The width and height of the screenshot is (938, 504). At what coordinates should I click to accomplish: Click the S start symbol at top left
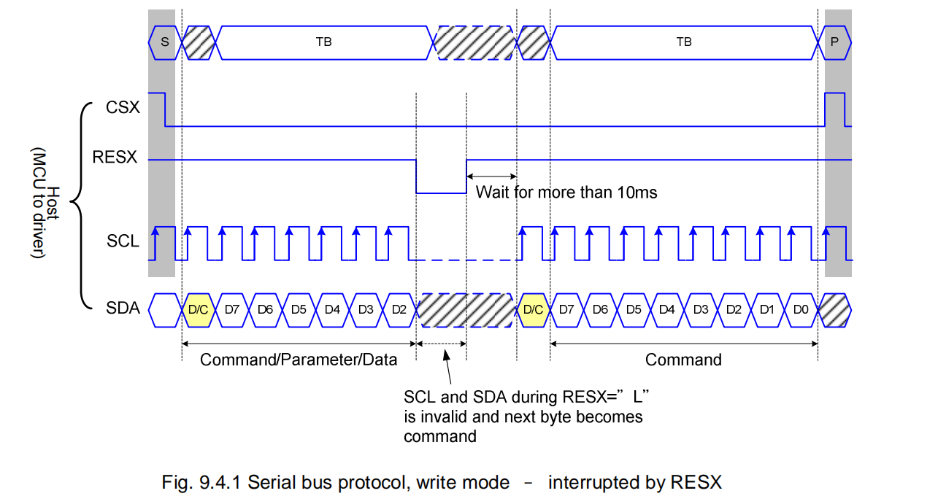coord(164,42)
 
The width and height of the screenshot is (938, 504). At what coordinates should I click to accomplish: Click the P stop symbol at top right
coord(834,42)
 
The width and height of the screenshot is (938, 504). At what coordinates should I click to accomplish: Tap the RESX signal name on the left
coord(115,157)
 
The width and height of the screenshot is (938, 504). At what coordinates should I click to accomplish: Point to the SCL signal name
coord(123,241)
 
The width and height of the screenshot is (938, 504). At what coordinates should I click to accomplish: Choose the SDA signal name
coord(123,309)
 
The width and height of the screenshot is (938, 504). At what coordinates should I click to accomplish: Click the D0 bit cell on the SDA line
coord(801,309)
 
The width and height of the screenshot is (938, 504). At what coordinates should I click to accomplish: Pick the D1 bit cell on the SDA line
coord(767,309)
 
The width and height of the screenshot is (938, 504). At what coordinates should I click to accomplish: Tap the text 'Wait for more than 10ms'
coord(566,193)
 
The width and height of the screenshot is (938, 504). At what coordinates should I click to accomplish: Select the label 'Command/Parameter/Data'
coord(299,360)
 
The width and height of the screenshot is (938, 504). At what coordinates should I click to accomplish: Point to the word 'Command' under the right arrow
coord(683,360)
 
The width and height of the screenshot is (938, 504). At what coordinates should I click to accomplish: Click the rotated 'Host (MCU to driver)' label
coord(45,203)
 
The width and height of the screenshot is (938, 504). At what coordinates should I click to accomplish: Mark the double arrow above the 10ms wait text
coord(491,176)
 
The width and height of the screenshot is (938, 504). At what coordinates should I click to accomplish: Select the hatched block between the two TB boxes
coord(474,42)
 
